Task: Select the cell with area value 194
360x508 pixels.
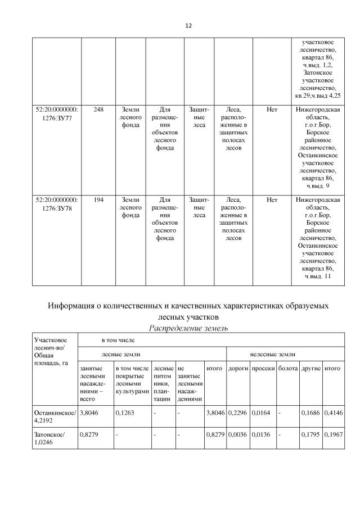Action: tap(98, 199)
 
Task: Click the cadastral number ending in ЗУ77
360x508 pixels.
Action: tap(56, 114)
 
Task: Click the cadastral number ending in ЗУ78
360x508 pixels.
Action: tap(56, 203)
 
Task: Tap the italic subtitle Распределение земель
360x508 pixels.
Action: tap(187, 328)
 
